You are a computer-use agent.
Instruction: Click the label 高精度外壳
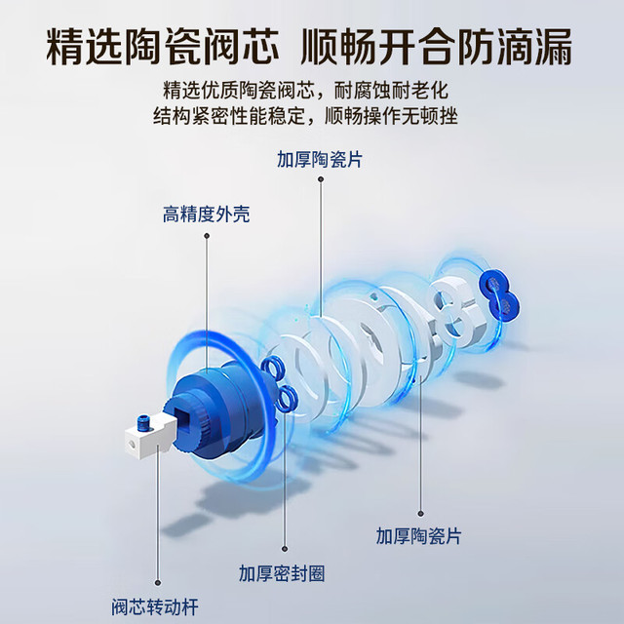206,214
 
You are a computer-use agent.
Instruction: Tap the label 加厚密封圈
282,573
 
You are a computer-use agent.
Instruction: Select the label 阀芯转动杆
155,607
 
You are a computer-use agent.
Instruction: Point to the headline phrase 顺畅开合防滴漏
437,47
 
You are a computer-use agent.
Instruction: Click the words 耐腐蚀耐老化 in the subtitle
391,91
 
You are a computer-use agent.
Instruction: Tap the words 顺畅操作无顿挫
391,116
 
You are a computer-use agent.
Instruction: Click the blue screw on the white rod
142,421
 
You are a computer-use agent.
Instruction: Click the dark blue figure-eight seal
500,294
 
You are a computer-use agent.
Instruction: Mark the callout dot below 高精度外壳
207,236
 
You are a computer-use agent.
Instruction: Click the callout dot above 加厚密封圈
285,549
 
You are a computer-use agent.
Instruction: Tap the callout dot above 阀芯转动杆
158,583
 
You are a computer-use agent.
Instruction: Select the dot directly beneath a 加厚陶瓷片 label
321,179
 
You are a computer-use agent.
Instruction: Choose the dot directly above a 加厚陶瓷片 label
420,514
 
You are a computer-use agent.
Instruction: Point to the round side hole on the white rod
130,443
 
